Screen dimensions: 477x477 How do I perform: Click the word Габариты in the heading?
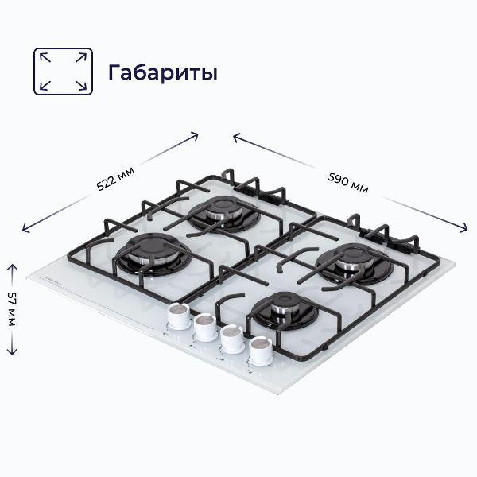click(163, 72)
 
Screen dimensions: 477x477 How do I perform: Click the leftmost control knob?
click(180, 316)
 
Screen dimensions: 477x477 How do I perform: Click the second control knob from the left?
click(206, 326)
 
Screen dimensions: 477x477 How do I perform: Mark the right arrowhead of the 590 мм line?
click(466, 231)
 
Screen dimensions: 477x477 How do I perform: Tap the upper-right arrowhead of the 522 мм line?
click(196, 134)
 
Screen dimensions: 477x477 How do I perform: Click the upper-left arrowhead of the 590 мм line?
click(235, 135)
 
